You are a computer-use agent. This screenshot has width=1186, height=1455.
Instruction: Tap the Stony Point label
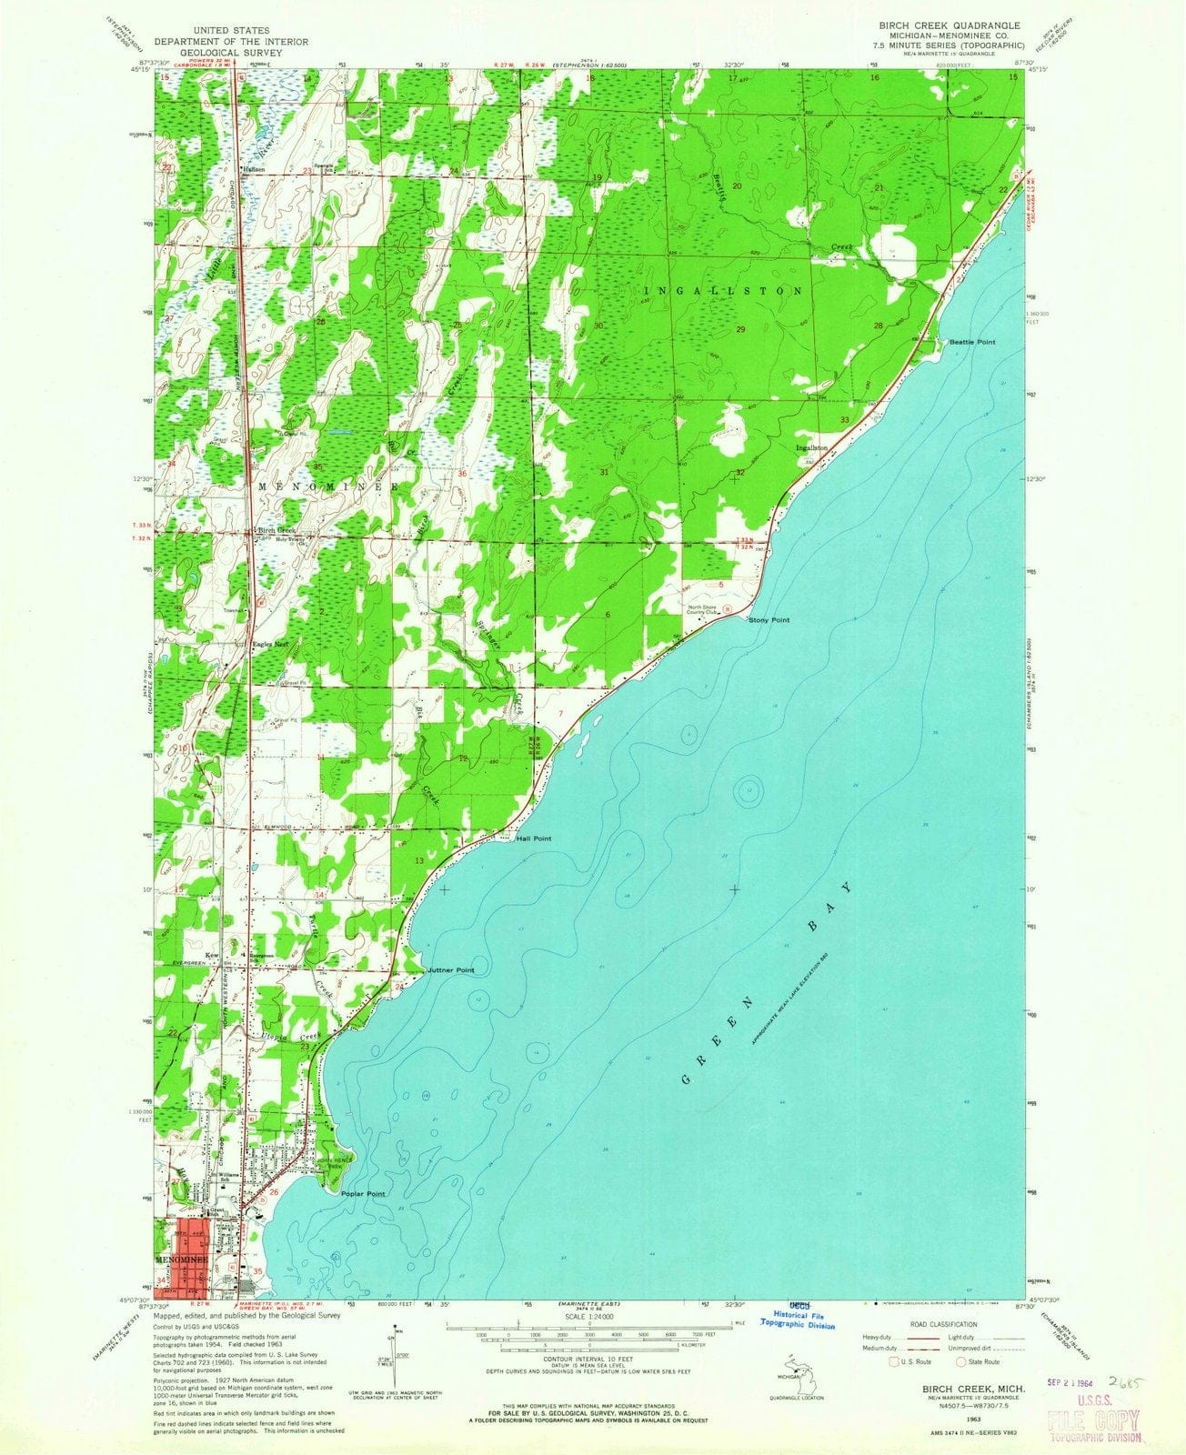768,620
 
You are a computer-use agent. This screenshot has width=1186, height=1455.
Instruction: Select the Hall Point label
534,838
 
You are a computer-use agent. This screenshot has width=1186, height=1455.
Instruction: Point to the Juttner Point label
451,971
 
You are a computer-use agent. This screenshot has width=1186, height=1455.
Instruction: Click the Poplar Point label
363,1193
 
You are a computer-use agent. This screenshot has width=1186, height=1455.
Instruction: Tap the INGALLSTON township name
724,291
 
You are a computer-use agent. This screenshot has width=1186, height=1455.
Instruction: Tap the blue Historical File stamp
803,1321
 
